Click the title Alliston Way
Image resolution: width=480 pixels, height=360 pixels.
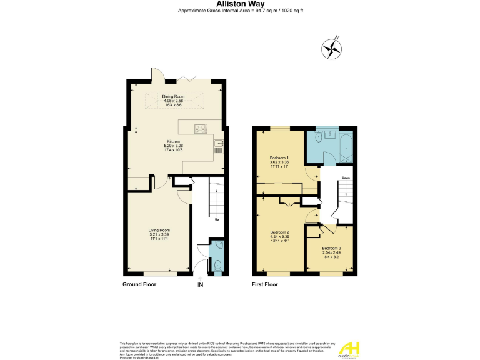(x=239, y=4)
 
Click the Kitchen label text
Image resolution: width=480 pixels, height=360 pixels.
(x=173, y=141)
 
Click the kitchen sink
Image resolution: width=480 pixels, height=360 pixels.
(x=218, y=147)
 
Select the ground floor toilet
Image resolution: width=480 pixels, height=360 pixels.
(x=217, y=267)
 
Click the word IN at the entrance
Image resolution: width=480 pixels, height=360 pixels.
(x=201, y=286)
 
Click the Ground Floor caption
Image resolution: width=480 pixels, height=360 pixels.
(x=139, y=284)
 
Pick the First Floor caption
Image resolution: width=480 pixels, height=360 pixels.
(x=265, y=284)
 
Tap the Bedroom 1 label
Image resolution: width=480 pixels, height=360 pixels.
(x=279, y=157)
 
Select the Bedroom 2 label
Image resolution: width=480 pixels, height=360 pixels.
(x=279, y=232)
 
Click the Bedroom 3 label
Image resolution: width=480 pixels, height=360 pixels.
(x=332, y=248)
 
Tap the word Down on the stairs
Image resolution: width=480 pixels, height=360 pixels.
(x=346, y=177)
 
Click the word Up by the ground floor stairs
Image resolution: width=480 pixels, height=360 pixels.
(x=216, y=219)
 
